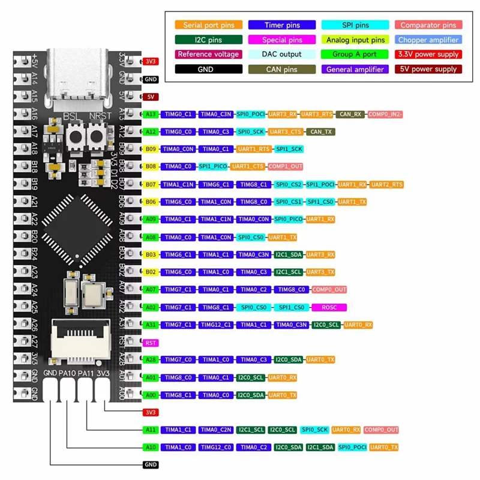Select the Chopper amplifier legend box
(x=428, y=40)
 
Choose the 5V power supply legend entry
(x=428, y=70)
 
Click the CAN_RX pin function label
(x=349, y=114)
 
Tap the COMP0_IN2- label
(x=385, y=114)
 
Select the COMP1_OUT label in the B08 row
(x=286, y=166)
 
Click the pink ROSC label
(x=329, y=307)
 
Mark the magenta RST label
(x=151, y=343)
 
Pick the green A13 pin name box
(x=151, y=114)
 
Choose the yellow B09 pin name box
(x=151, y=149)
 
